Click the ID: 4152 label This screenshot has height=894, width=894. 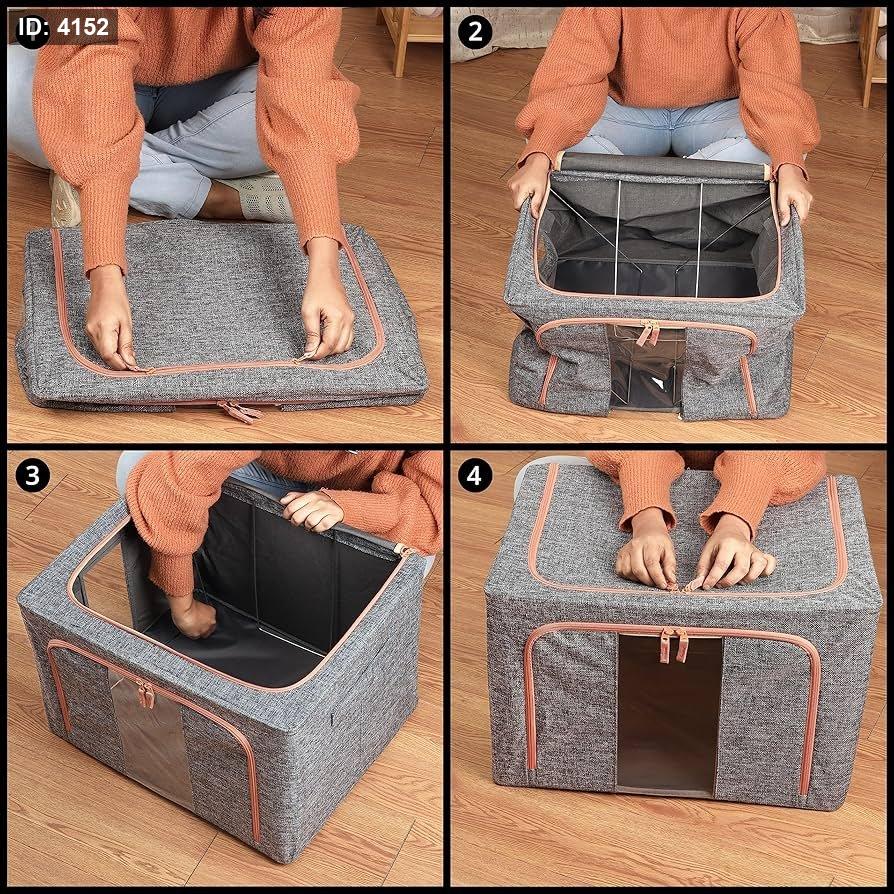click(x=64, y=27)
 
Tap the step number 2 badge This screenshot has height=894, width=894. click(x=475, y=32)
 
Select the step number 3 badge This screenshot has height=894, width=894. click(x=32, y=475)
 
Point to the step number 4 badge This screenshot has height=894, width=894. click(x=475, y=475)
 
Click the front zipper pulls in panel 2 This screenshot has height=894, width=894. click(x=648, y=332)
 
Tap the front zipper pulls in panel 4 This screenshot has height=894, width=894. click(x=674, y=645)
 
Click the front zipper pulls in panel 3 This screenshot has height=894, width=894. click(x=145, y=694)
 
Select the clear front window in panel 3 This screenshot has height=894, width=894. click(x=151, y=740)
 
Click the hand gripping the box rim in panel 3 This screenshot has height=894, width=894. click(x=312, y=510)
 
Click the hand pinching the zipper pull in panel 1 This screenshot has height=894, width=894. click(x=327, y=310)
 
